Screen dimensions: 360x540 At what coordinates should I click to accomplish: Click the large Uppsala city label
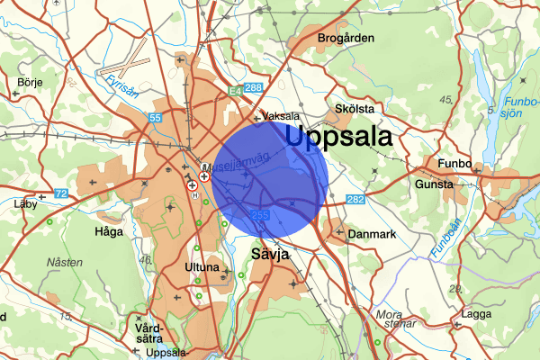[x=339, y=137]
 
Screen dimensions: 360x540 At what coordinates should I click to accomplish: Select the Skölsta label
[x=354, y=108]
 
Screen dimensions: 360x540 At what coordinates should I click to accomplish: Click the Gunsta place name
[x=434, y=184]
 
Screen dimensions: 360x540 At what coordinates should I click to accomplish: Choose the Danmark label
[x=373, y=234]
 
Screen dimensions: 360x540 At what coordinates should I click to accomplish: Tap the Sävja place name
[x=270, y=255]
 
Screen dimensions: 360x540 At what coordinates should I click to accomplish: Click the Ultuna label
[x=202, y=267]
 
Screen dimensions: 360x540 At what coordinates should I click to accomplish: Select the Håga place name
[x=109, y=231]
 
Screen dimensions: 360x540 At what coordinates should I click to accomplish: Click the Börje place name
[x=30, y=82]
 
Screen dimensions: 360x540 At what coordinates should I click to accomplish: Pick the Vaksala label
[x=283, y=116]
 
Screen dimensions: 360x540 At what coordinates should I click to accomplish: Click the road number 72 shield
[x=60, y=193]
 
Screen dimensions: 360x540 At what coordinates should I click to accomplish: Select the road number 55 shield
[x=156, y=118]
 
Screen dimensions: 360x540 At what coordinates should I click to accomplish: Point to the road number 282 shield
[x=355, y=199]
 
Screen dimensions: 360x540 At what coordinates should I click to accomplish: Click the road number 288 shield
[x=254, y=88]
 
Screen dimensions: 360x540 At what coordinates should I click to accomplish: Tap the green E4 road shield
[x=234, y=91]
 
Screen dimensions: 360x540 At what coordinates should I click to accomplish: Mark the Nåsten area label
[x=65, y=262]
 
